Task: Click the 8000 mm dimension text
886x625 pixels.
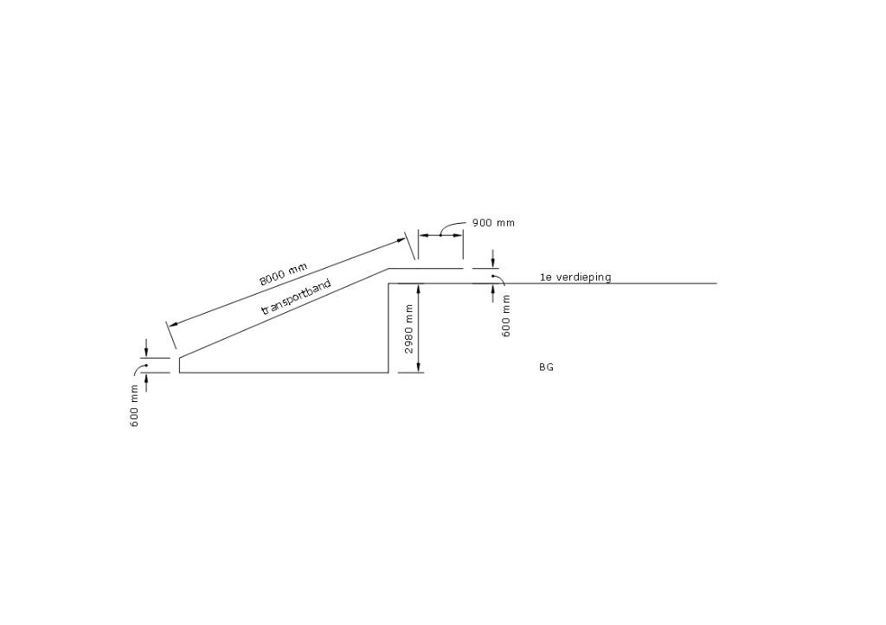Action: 284,274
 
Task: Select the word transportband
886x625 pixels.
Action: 296,297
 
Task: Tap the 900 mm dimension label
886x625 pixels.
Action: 493,222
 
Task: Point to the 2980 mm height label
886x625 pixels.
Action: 409,328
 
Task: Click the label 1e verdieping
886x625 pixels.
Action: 575,277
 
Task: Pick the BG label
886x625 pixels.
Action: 546,367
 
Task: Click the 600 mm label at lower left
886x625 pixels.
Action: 134,405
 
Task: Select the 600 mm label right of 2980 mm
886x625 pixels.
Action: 505,316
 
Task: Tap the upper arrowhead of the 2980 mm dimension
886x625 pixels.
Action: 419,288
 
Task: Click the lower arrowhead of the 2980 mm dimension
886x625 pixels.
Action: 419,367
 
